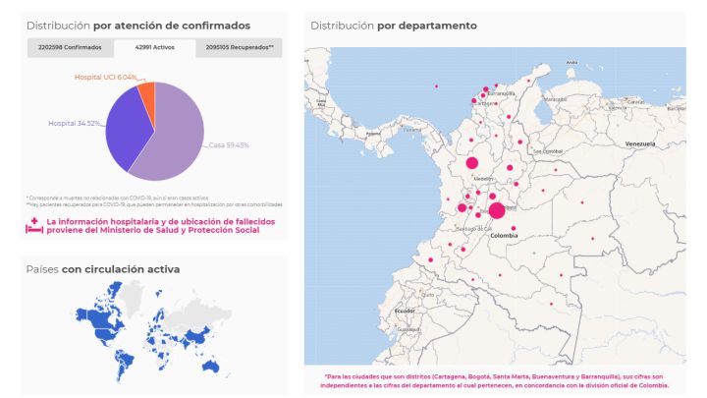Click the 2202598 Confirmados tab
70,47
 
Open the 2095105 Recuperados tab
239,47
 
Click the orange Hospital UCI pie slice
146,91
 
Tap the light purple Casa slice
172,138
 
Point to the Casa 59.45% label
228,145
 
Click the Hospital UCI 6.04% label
106,77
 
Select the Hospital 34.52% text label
75,123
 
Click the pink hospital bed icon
33,226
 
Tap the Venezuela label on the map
639,143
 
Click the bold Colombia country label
503,236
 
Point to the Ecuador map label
405,311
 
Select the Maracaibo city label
557,98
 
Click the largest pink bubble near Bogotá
497,210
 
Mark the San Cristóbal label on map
547,151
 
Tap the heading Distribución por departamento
394,25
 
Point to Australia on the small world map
209,365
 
